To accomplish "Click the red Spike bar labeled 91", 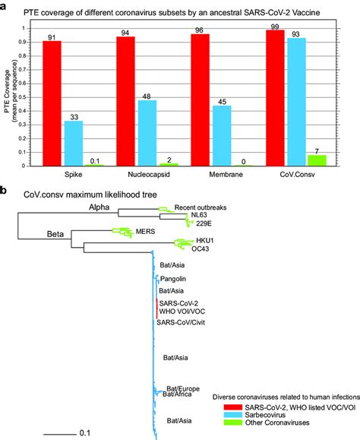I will [x=52, y=103].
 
